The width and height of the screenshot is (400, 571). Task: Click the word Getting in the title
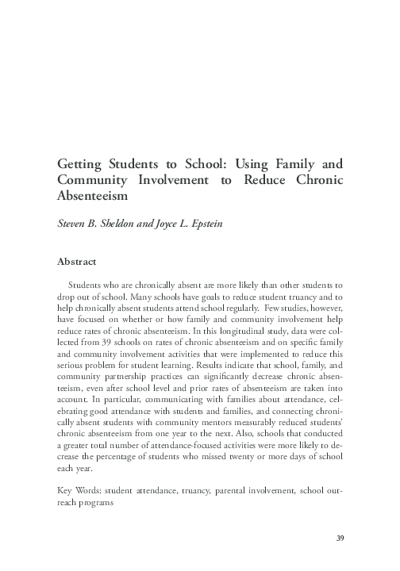(82, 164)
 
